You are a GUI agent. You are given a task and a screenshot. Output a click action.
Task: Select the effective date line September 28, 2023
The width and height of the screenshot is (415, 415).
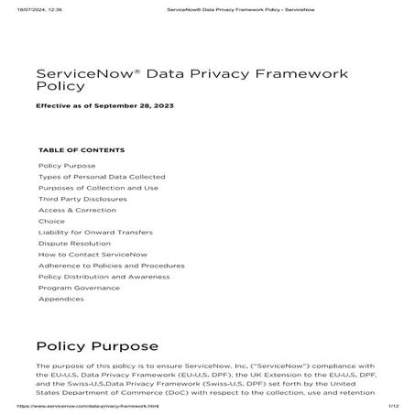click(x=104, y=106)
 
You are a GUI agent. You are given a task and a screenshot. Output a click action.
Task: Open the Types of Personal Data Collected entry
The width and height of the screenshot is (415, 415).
click(x=102, y=176)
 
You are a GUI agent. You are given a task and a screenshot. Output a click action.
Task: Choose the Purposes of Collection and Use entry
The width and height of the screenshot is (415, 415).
click(x=98, y=187)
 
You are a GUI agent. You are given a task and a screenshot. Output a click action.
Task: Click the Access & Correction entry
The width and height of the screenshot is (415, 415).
click(x=77, y=210)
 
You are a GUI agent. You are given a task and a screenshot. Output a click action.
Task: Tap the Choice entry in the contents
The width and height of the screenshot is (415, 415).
click(x=51, y=221)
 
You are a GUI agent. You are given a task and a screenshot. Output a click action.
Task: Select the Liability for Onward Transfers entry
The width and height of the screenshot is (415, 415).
click(x=94, y=232)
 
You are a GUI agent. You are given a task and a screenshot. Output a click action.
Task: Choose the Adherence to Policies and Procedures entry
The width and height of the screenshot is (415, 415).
click(x=111, y=265)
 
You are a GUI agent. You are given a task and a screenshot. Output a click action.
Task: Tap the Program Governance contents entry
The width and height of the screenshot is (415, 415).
click(x=79, y=287)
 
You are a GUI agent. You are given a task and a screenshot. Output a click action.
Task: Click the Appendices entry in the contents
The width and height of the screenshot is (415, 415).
click(x=62, y=299)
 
